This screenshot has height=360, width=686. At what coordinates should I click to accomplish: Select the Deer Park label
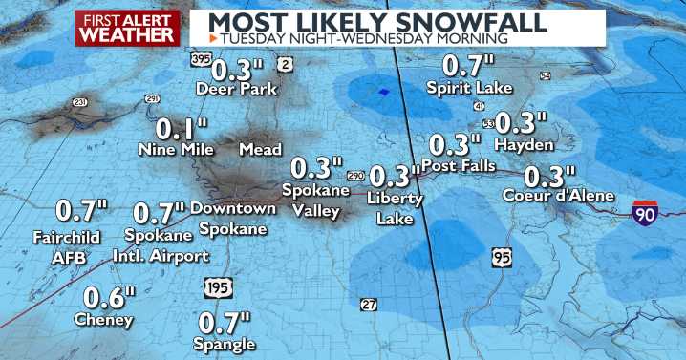point(236,90)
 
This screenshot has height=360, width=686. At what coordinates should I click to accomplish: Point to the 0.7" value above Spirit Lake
point(464,67)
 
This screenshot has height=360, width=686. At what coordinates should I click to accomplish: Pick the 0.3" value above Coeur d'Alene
point(551,177)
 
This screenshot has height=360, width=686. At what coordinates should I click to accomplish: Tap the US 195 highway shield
point(218,287)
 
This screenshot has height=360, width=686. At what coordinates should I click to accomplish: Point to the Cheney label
point(104,320)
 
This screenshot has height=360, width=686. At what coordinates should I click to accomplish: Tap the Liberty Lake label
point(393,210)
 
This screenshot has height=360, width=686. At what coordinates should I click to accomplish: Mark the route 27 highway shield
point(369,304)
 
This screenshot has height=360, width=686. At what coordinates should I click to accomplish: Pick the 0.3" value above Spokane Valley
point(316,169)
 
